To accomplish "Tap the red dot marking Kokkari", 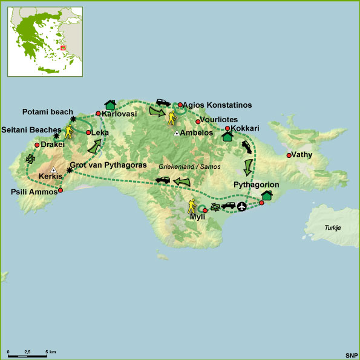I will (227, 128).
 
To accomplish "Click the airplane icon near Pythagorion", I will (243, 207).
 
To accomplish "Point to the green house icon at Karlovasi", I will (110, 105).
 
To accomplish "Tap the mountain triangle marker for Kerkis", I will (53, 170).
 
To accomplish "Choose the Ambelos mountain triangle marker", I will (176, 133).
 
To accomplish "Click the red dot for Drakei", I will (37, 145).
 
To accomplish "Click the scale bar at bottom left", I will (27, 355).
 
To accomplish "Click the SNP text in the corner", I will (351, 355).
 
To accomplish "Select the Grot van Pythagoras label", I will (108, 165).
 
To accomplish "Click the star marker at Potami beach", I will (73, 119).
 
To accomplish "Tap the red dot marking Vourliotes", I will (198, 122).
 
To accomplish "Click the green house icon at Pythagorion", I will (267, 195).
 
